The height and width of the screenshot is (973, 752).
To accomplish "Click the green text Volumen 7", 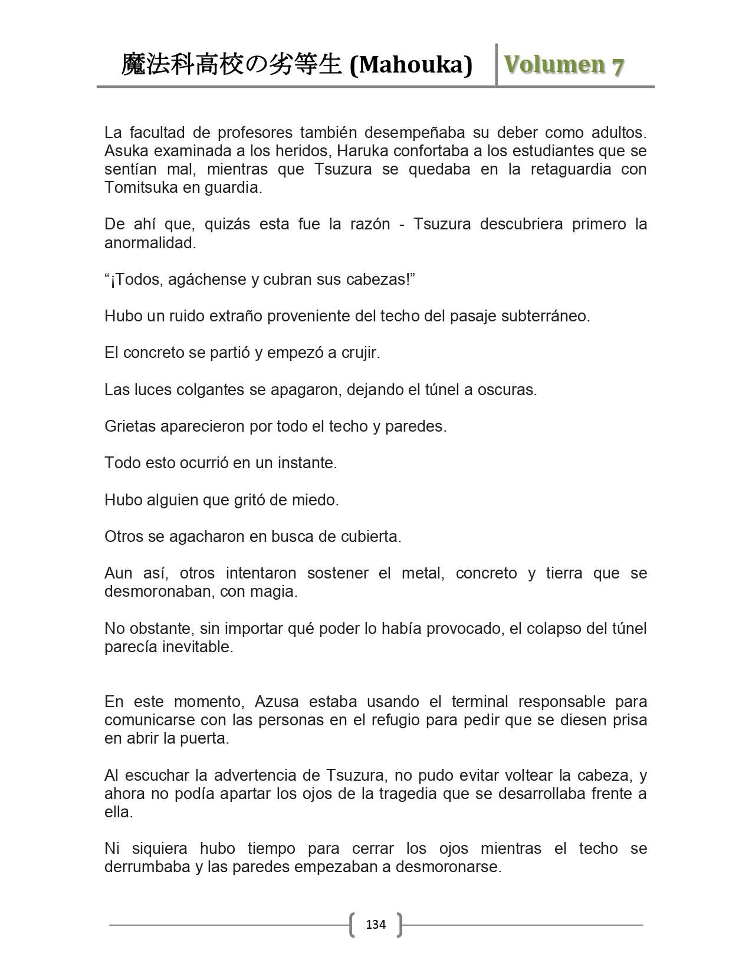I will click(563, 65).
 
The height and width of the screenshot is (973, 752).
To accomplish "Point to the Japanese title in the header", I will click(231, 65).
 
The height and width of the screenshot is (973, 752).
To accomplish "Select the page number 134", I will click(376, 924).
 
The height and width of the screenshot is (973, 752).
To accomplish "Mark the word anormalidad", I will click(150, 243).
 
